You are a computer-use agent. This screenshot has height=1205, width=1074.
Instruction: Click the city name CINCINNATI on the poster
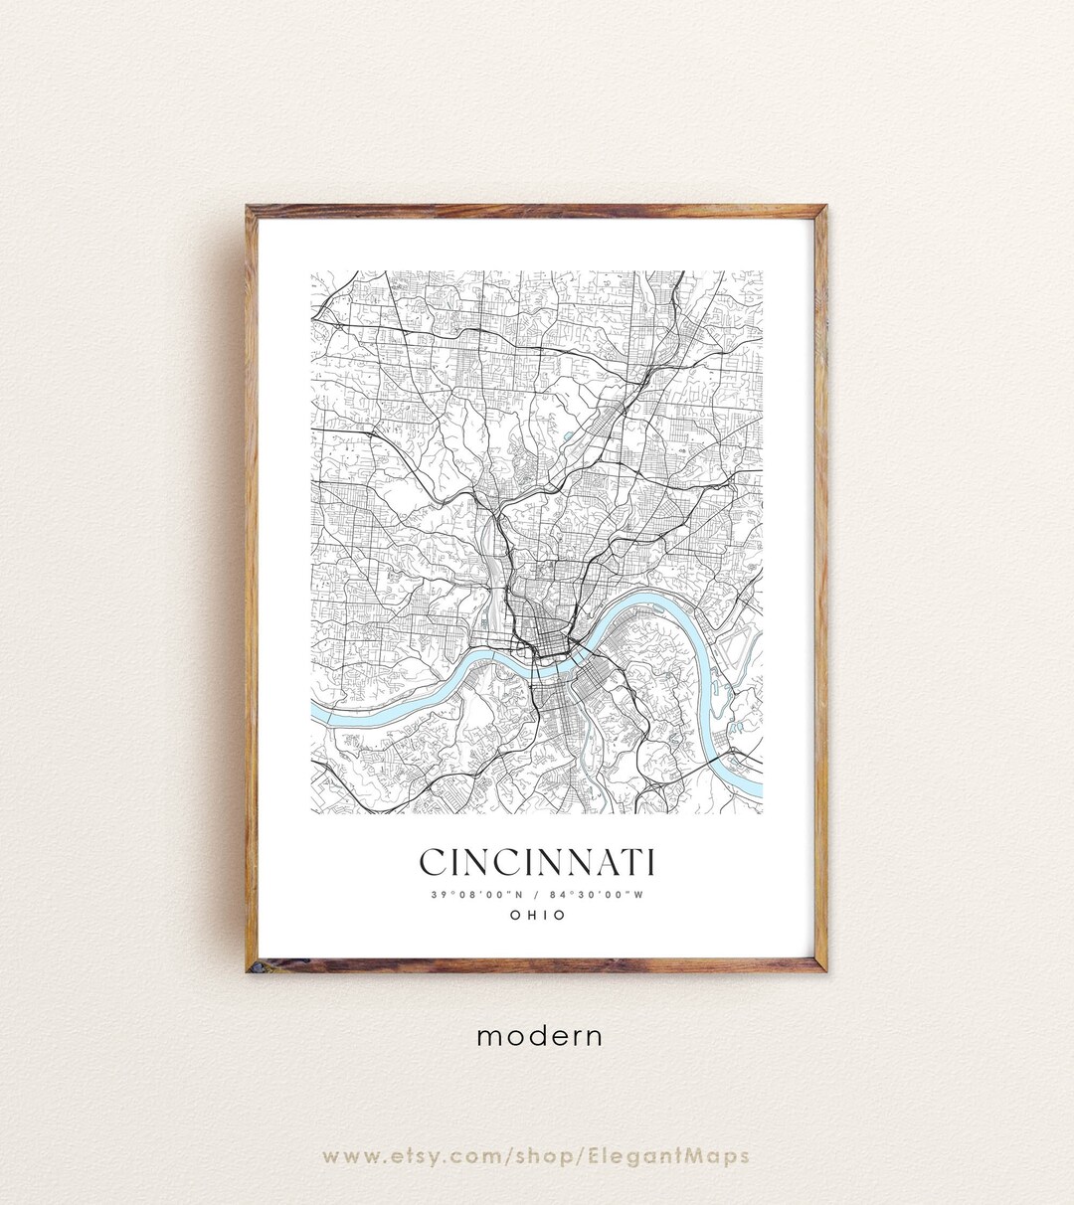coord(537,863)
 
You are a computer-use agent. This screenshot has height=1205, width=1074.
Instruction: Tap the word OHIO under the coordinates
coord(537,915)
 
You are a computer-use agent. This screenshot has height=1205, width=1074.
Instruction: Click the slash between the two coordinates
coord(537,894)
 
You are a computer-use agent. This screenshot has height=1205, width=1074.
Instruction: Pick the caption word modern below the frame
coord(539,1036)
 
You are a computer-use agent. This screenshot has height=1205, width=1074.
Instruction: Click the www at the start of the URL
coord(346,1156)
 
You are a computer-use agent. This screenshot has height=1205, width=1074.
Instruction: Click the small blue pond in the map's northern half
coord(568,435)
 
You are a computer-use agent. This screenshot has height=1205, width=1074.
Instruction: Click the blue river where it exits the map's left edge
coord(316,713)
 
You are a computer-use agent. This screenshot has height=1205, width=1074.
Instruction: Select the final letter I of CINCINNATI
coord(649,863)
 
